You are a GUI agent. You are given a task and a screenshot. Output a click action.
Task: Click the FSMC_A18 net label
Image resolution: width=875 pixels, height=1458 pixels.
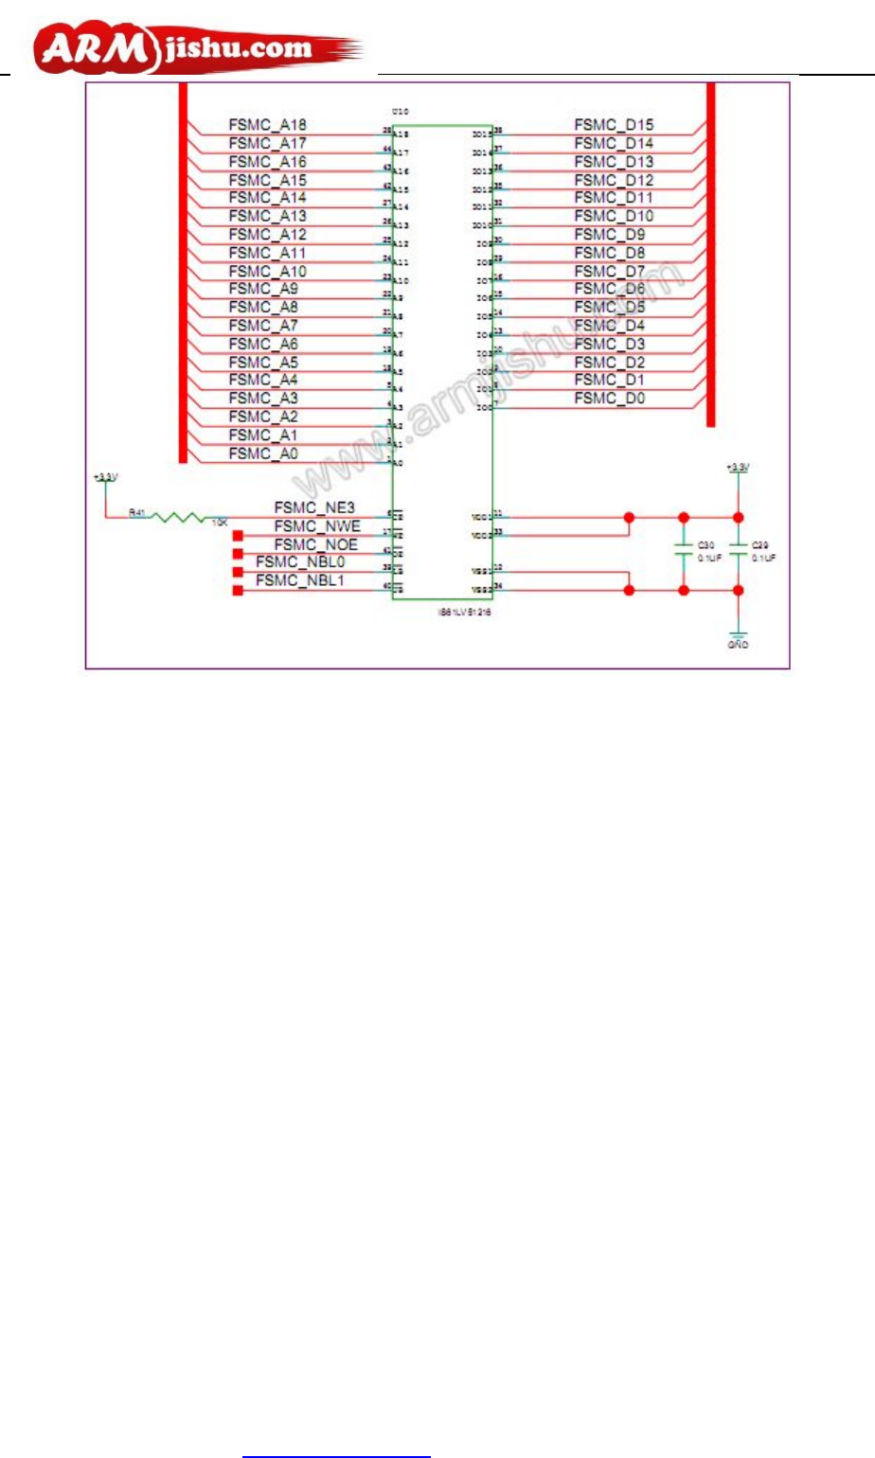(x=267, y=125)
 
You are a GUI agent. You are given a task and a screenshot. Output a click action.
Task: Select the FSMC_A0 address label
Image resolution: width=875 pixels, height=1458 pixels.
(x=263, y=453)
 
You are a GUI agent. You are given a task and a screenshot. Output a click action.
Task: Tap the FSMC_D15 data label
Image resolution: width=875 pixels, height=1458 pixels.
(x=614, y=125)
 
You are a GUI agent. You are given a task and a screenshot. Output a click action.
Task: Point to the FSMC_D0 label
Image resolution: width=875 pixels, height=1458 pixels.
(x=610, y=399)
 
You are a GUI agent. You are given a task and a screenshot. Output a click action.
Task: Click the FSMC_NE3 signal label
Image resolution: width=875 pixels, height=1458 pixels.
(x=314, y=508)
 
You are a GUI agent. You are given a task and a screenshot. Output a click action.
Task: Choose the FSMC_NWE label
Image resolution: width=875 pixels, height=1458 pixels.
(x=317, y=526)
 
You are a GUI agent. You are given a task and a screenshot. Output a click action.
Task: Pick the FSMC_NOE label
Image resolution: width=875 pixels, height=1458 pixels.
(x=316, y=544)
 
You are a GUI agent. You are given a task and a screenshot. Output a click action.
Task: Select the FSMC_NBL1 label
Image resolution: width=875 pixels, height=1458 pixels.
(x=300, y=580)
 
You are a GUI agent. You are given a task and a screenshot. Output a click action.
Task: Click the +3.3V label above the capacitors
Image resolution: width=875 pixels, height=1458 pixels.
(x=738, y=467)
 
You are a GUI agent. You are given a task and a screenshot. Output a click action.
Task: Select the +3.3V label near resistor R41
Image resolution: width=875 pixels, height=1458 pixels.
(x=105, y=477)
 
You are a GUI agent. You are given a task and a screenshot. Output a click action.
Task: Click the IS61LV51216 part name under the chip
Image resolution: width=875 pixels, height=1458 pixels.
(x=463, y=613)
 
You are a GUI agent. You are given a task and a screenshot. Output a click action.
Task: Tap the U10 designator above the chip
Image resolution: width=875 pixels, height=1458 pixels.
(x=400, y=112)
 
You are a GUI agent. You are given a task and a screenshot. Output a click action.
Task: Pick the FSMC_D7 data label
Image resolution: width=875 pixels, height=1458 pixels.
(x=610, y=271)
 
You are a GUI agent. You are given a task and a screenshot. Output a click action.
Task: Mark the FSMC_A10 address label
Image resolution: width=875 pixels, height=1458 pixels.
(x=267, y=271)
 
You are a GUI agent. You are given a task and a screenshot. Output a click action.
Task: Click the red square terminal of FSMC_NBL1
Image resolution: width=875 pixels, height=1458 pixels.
(x=238, y=591)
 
